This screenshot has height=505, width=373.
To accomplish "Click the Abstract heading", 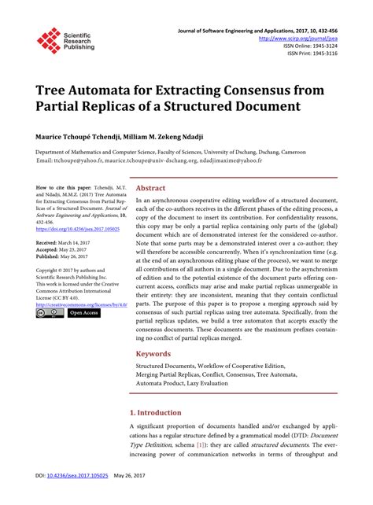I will click(150, 189).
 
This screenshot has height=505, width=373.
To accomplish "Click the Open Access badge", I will click(83, 313).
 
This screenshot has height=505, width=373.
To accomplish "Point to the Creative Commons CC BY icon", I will click(50, 313).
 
